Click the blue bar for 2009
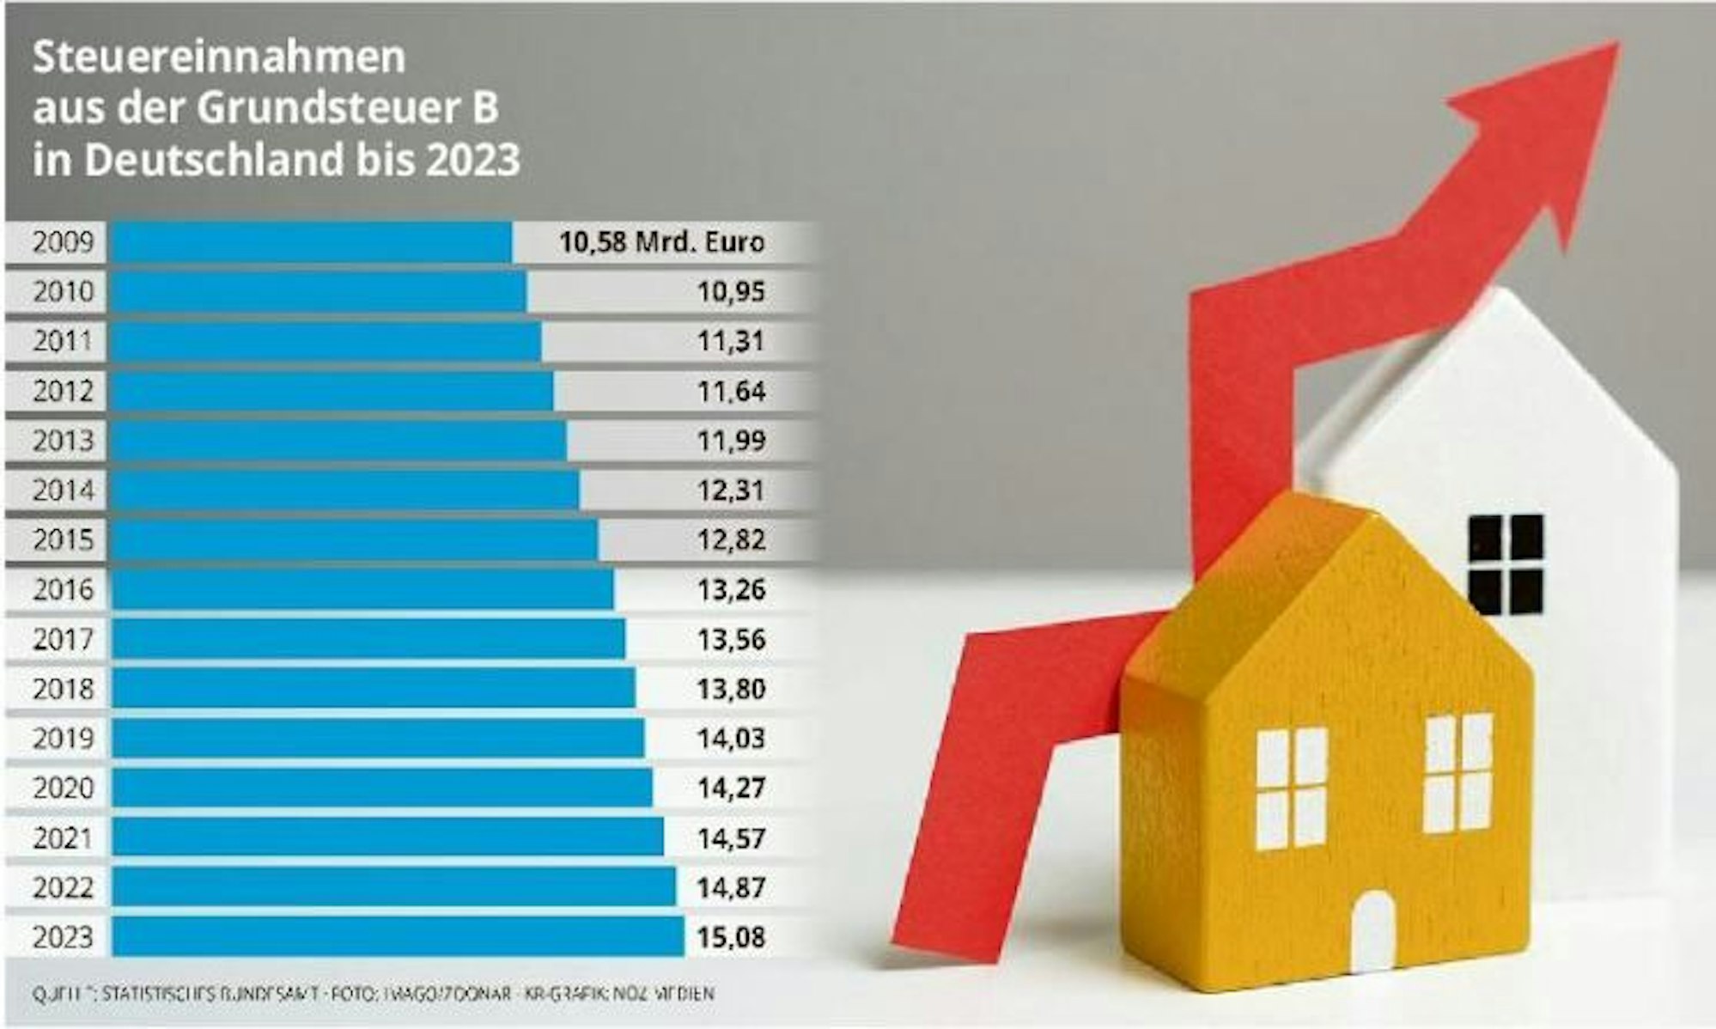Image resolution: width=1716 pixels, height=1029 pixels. (x=312, y=242)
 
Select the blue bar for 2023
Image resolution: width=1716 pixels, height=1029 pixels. (x=398, y=936)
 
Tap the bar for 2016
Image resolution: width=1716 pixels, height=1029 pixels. (x=362, y=590)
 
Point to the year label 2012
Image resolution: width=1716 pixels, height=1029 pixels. (x=63, y=392)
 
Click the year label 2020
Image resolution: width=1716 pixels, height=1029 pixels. (x=63, y=788)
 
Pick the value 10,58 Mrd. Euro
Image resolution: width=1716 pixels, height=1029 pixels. (x=661, y=242)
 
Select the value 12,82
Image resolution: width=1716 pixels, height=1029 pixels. (x=731, y=540)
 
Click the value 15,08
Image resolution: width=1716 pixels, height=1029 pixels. (x=731, y=936)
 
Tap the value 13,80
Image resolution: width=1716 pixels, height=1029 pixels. (x=731, y=689)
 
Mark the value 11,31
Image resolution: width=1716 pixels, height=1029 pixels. (x=731, y=342)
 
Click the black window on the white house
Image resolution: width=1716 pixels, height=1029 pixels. (x=1505, y=564)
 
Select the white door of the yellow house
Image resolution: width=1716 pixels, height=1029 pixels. (x=1372, y=932)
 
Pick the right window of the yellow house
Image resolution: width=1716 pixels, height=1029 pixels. (x=1459, y=773)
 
